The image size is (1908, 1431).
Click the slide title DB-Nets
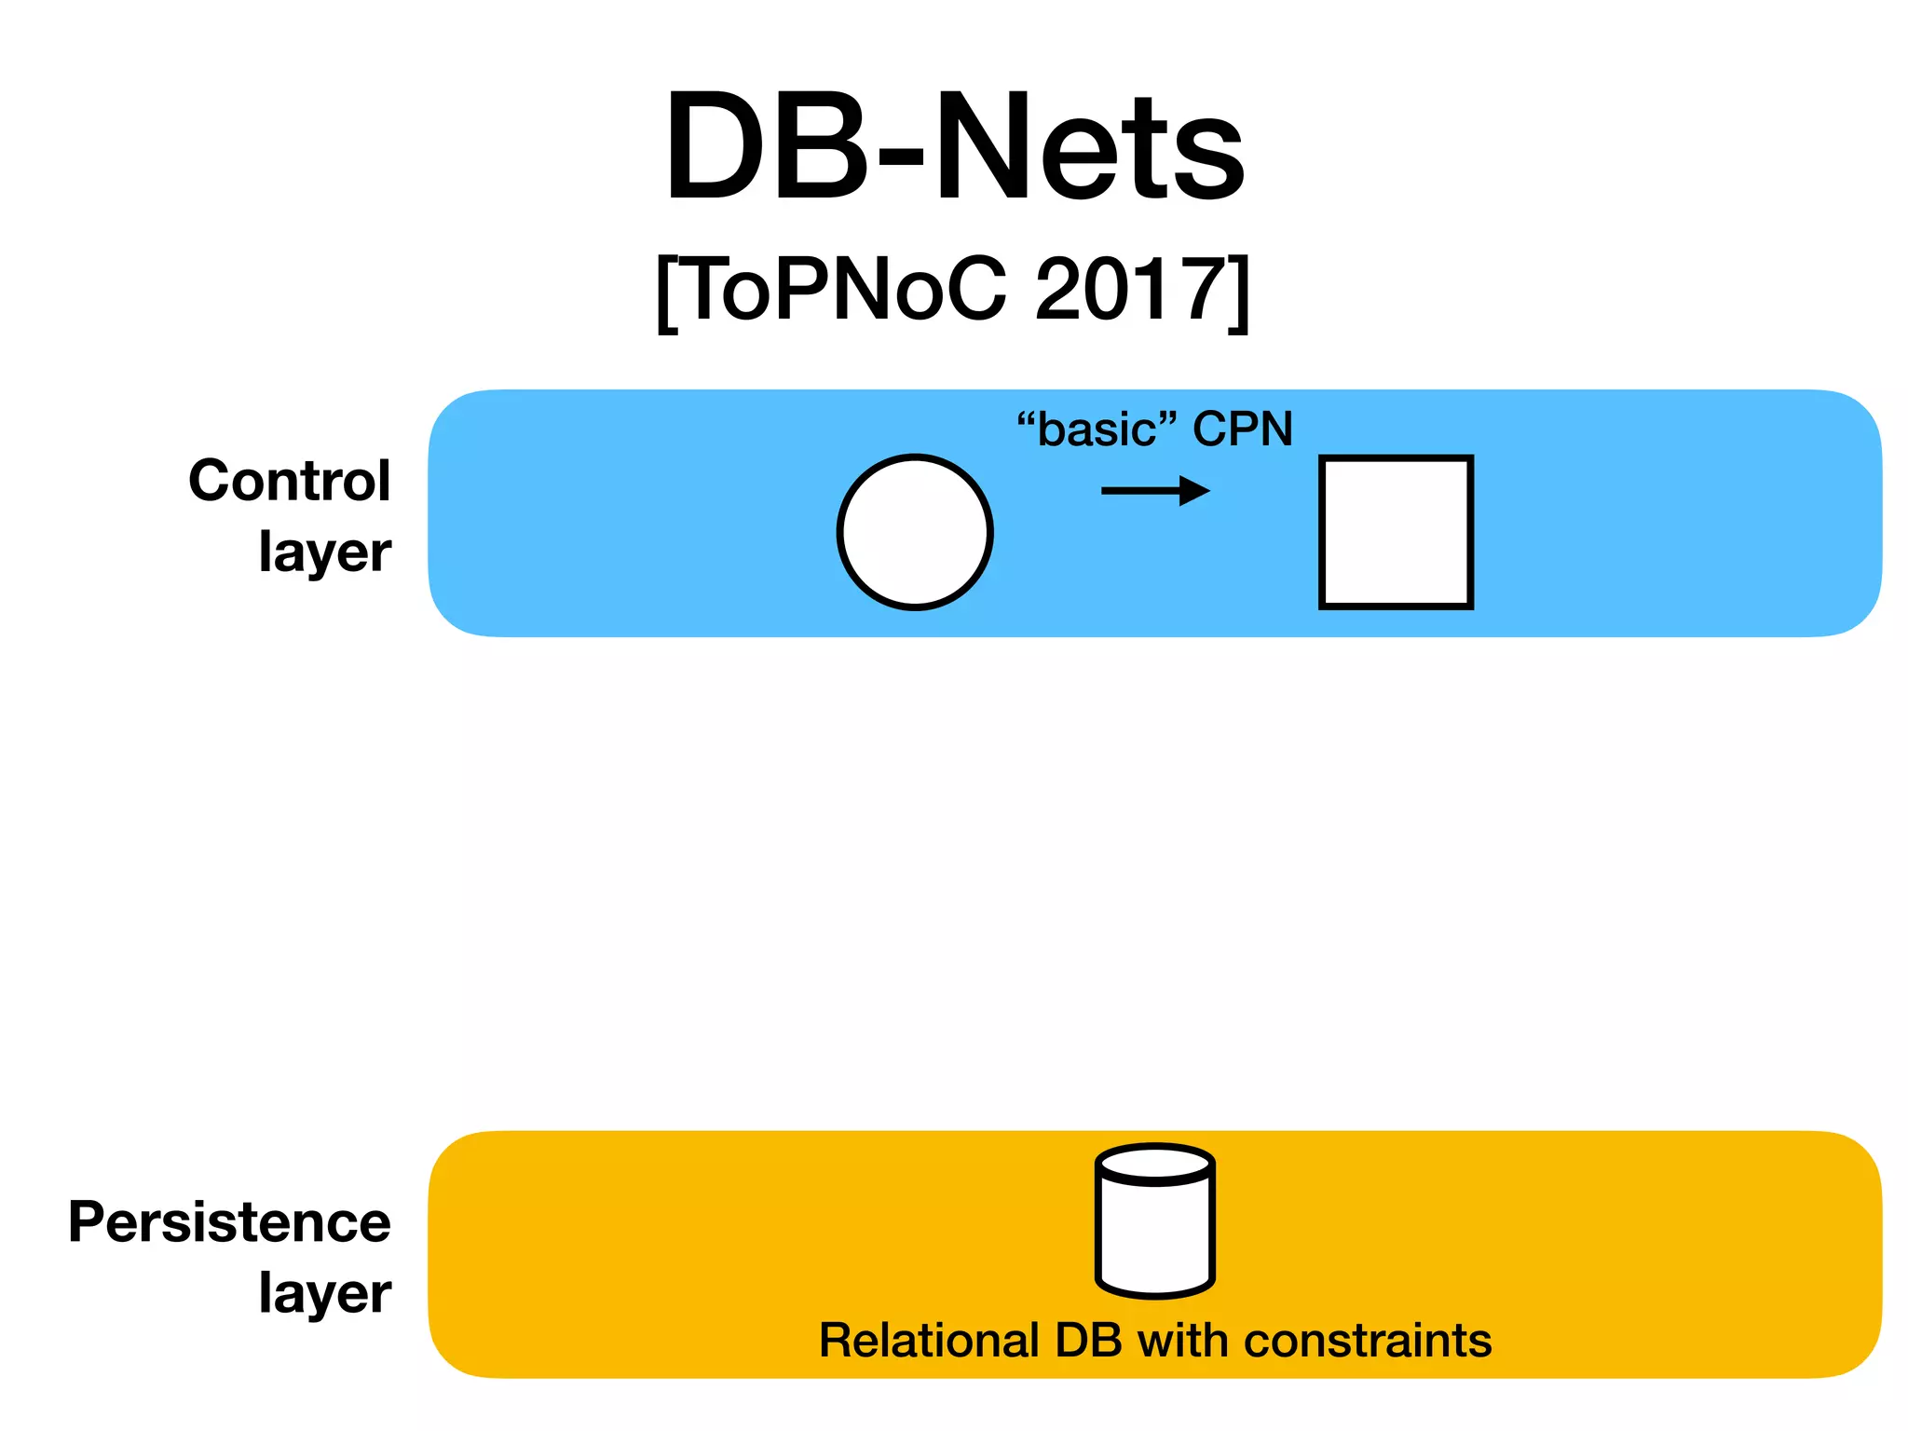(x=954, y=147)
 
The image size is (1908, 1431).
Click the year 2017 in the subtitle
(x=1126, y=290)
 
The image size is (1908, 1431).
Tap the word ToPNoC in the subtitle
(x=847, y=290)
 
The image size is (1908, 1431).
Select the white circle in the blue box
(x=915, y=532)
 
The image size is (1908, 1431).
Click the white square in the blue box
(x=1396, y=532)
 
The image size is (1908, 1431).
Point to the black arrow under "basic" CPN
(x=1154, y=491)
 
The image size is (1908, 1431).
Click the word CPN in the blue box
(x=1243, y=429)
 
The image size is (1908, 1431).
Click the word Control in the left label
(x=290, y=481)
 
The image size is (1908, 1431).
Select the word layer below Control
(x=325, y=552)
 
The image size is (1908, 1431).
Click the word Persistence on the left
(x=230, y=1221)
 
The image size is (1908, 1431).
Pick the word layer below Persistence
(x=325, y=1293)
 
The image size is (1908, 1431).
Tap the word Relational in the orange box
(x=928, y=1341)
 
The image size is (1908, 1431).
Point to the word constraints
(x=1368, y=1341)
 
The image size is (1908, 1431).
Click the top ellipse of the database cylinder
(x=1155, y=1165)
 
